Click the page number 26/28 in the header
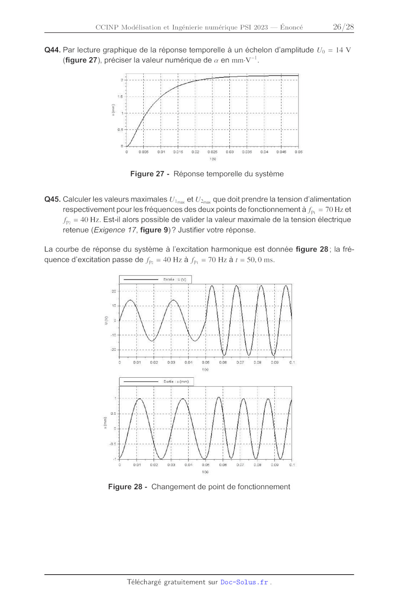pyautogui.click(x=343, y=27)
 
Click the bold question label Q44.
pyautogui.click(x=52, y=50)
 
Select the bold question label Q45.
pyautogui.click(x=52, y=199)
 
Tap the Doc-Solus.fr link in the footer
pyautogui.click(x=244, y=582)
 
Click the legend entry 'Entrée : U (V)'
pyautogui.click(x=174, y=279)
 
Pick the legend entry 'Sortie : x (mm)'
pyautogui.click(x=176, y=381)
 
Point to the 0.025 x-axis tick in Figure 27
pyautogui.click(x=212, y=152)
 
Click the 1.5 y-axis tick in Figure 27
pyautogui.click(x=120, y=97)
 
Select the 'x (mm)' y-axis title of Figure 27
pyautogui.click(x=113, y=110)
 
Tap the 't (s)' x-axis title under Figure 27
pyautogui.click(x=213, y=159)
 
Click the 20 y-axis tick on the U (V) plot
pyautogui.click(x=114, y=291)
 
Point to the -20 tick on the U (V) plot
pyautogui.click(x=113, y=350)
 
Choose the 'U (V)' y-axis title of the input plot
pyautogui.click(x=106, y=320)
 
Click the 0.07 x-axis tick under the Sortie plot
pyautogui.click(x=240, y=465)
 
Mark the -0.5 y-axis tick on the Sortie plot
pyautogui.click(x=113, y=444)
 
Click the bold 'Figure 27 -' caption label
pyautogui.click(x=150, y=174)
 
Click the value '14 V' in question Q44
pyautogui.click(x=343, y=50)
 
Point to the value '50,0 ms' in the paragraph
pyautogui.click(x=260, y=260)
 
